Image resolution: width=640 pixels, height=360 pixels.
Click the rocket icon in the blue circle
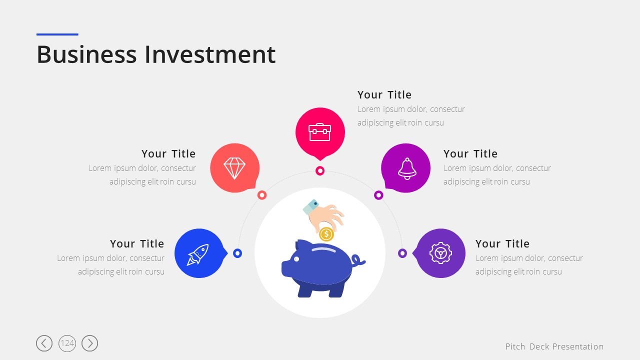click(x=197, y=254)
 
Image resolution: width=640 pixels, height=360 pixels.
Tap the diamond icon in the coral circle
click(x=234, y=168)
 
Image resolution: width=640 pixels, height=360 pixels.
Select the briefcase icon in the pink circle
click(x=319, y=132)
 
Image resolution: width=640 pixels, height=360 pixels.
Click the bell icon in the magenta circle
click(x=407, y=168)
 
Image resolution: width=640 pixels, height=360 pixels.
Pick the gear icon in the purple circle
click(x=440, y=253)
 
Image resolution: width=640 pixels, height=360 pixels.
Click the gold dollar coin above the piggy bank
click(x=326, y=234)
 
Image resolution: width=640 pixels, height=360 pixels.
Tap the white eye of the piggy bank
click(x=296, y=259)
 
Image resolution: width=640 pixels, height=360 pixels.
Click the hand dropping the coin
click(x=323, y=215)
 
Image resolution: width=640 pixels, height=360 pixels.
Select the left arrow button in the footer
click(x=44, y=343)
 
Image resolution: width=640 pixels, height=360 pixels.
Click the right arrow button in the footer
click(x=89, y=343)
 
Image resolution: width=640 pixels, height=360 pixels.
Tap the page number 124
click(x=67, y=343)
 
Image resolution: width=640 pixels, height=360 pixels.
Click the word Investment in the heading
click(x=210, y=54)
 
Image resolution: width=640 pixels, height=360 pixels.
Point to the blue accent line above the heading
click(x=57, y=34)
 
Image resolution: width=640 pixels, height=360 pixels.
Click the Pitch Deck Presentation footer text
click(x=554, y=346)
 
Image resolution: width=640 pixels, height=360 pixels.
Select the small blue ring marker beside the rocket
click(x=237, y=253)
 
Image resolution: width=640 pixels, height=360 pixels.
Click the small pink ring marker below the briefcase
click(x=320, y=171)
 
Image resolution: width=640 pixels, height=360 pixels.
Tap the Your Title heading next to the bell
click(x=470, y=153)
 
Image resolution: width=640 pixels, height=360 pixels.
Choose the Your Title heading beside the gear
click(x=502, y=243)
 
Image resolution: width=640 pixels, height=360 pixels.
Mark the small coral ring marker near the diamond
click(x=262, y=195)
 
